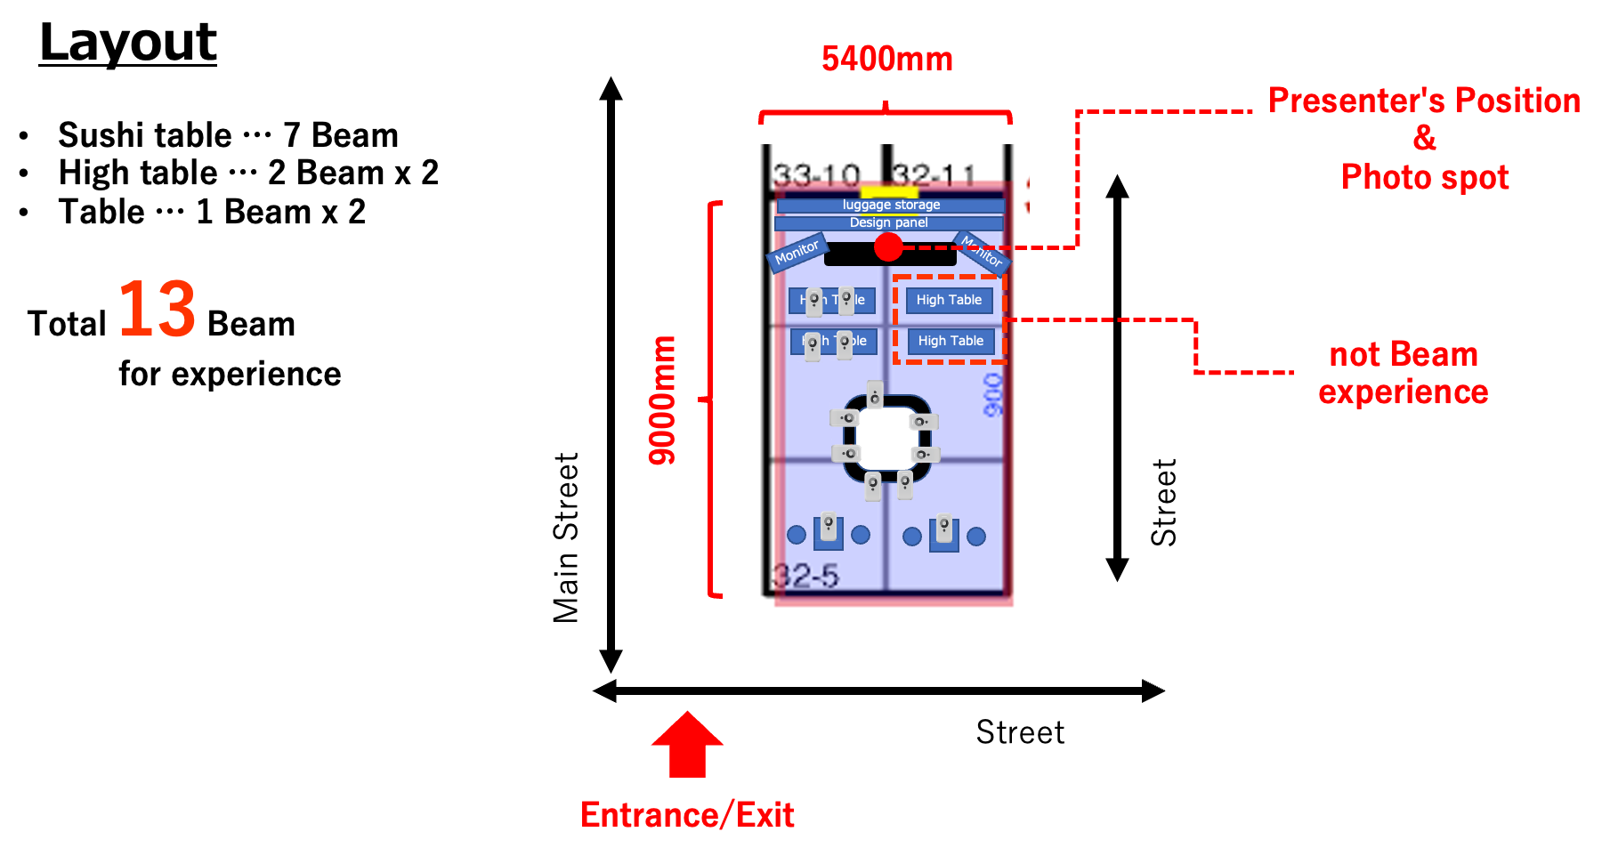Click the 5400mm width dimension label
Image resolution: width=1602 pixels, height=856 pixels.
point(886,60)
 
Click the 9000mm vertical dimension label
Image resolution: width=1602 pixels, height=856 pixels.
point(662,400)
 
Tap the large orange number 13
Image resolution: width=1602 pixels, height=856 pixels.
point(157,310)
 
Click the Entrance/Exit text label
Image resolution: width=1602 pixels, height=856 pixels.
point(687,815)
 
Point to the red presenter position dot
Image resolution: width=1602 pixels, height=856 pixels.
point(888,247)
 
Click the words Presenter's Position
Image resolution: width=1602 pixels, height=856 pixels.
point(1424,101)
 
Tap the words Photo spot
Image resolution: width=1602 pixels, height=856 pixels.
point(1425,178)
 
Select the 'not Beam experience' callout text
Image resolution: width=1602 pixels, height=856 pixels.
point(1403,374)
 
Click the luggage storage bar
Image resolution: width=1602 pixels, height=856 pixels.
point(891,206)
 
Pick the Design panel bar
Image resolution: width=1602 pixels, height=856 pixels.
point(889,222)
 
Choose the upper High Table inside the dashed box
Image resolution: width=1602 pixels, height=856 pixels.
point(949,300)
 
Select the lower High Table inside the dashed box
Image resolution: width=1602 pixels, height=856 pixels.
point(951,341)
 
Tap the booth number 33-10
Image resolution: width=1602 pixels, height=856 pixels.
point(816,175)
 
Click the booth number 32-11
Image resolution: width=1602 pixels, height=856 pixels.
point(934,175)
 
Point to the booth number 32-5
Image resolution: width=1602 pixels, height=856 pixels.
point(805,577)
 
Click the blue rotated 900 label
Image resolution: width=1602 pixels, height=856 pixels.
point(993,394)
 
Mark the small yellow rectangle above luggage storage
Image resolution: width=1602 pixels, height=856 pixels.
point(889,192)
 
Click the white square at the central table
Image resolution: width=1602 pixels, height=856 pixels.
point(886,439)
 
